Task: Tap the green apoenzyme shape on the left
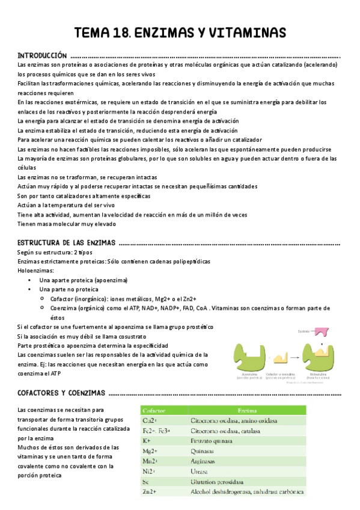tap(245, 358)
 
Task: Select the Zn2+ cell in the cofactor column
tap(149, 491)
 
